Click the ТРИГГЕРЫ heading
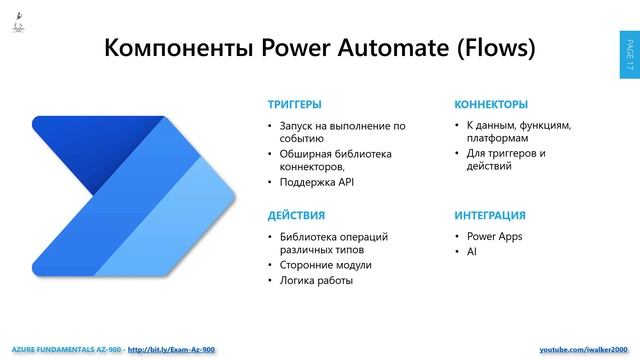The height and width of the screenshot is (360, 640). pyautogui.click(x=294, y=104)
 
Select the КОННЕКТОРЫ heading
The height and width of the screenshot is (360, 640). pyautogui.click(x=491, y=104)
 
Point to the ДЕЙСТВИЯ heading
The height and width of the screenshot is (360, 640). pyautogui.click(x=295, y=215)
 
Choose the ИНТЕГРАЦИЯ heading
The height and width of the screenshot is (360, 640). pyautogui.click(x=490, y=215)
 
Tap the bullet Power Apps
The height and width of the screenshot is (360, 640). pyautogui.click(x=494, y=237)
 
